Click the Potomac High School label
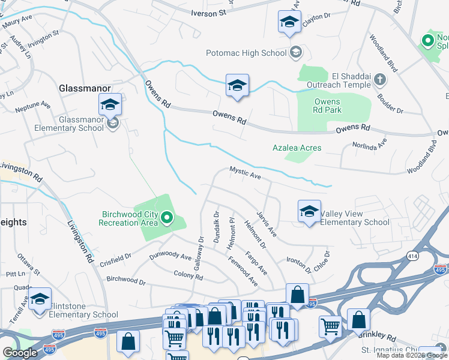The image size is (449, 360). click(x=246, y=53)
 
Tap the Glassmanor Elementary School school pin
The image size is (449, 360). click(x=110, y=106)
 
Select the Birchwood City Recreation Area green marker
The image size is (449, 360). click(x=167, y=218)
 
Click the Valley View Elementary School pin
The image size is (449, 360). click(x=309, y=212)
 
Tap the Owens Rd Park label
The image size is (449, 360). click(x=327, y=106)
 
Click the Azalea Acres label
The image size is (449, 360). click(x=297, y=148)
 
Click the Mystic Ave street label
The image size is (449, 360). click(x=245, y=173)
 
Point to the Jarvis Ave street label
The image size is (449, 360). click(x=265, y=223)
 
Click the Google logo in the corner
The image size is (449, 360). click(x=20, y=353)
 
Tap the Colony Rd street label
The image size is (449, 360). click(x=188, y=277)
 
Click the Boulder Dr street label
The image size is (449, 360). click(x=391, y=103)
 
